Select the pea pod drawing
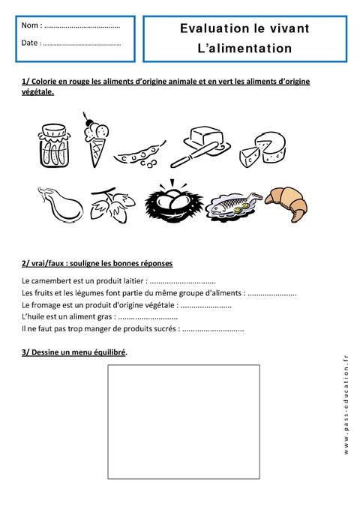137,154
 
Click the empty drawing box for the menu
184,421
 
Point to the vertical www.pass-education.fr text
346,405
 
